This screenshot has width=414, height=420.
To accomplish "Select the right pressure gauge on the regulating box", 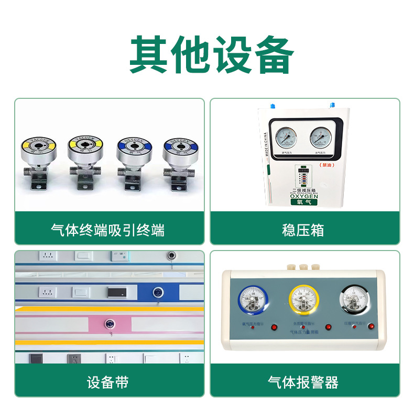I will tap(322, 137).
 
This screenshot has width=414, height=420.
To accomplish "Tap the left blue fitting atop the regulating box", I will tap(273, 105).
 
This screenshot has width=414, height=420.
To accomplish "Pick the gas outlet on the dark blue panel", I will tap(157, 291).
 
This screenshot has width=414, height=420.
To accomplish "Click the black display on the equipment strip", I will tap(116, 291).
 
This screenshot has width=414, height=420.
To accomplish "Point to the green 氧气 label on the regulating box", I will tap(304, 205).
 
